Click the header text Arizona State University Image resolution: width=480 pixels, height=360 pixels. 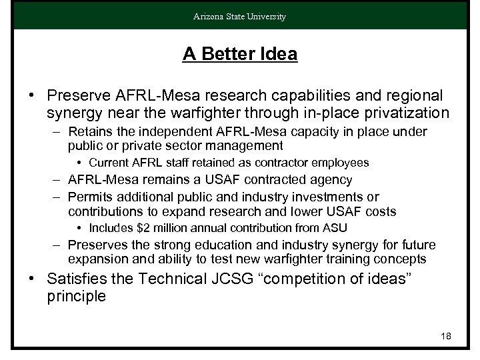240,17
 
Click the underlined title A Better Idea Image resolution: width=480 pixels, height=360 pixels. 240,55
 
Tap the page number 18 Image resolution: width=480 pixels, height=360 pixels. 446,336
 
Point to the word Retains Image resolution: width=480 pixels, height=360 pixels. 89,131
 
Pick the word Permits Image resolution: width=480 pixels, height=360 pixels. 89,197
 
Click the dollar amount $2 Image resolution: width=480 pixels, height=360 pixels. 141,229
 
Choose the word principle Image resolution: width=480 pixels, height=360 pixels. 77,296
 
